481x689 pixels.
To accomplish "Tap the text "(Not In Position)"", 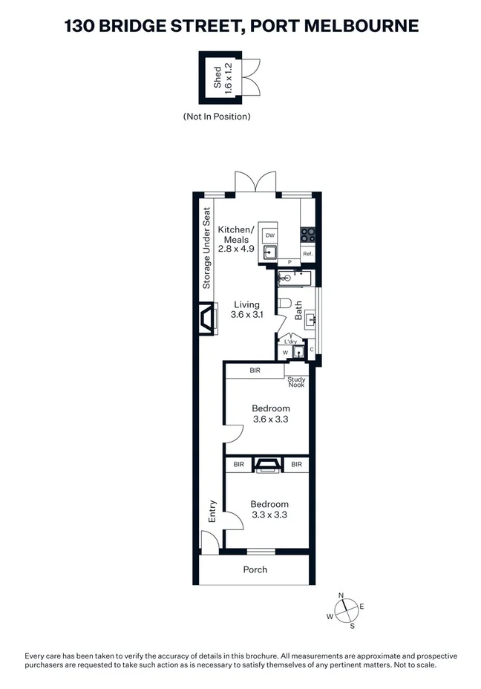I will (217, 117).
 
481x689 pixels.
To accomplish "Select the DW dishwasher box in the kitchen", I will (270, 235).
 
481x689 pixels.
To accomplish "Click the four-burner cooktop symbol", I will (308, 235).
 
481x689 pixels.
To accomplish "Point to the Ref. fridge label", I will (307, 254).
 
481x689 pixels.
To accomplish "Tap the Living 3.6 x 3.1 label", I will (246, 310).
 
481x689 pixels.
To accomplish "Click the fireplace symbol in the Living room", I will (206, 319).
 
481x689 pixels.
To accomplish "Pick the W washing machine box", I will (285, 353).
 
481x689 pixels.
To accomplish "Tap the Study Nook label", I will (296, 382).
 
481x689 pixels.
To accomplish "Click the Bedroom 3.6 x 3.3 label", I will (270, 414).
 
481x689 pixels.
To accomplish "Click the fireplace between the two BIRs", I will (266, 465).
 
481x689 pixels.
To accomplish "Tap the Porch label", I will (255, 569).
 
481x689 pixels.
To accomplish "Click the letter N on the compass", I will (341, 595).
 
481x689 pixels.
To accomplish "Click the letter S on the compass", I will (352, 626).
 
